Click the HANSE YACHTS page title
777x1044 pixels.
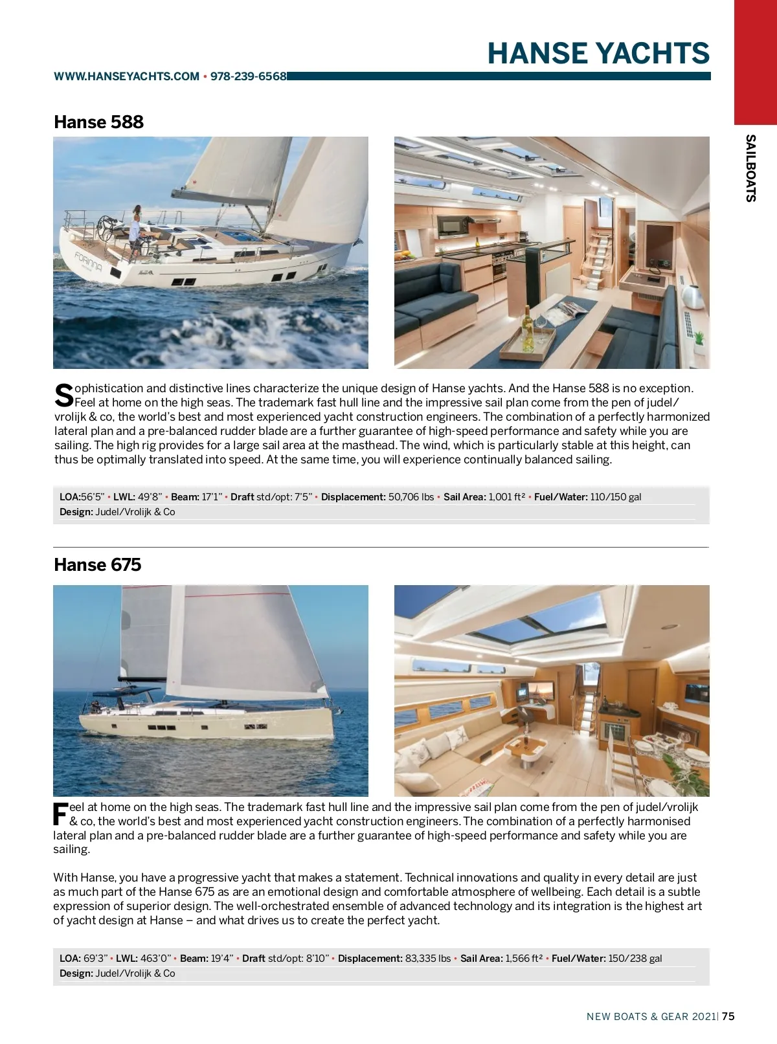point(598,53)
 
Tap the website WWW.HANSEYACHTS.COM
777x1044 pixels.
point(126,76)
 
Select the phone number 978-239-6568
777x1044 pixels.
point(249,76)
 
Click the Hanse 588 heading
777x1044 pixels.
point(98,122)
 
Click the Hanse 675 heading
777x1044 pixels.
point(97,564)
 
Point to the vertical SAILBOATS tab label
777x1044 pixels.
point(750,168)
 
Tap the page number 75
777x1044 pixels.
point(728,1016)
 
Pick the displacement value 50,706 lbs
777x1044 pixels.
point(411,497)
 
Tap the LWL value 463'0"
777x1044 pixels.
point(156,959)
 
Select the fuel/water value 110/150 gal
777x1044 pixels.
point(616,497)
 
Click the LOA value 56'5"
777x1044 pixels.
point(93,497)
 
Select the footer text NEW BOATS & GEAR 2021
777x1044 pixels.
point(651,1016)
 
